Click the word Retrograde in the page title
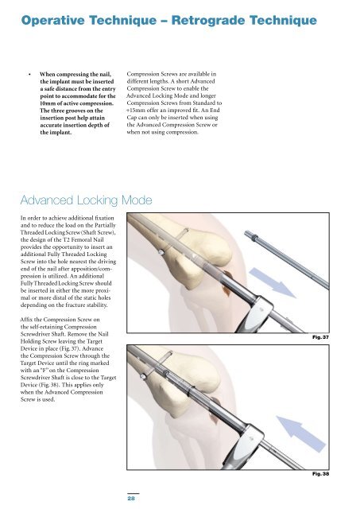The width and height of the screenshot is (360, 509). (x=208, y=21)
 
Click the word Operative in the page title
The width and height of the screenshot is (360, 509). (x=53, y=21)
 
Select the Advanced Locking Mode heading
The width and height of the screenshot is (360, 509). (x=86, y=200)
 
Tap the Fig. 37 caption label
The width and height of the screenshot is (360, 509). (x=320, y=337)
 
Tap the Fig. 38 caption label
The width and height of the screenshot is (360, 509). (x=320, y=474)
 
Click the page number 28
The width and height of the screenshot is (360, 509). (x=131, y=498)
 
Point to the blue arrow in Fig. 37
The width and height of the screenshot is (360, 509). (x=273, y=282)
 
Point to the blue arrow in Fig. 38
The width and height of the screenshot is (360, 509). (x=301, y=434)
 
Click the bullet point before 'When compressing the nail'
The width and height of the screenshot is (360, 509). (x=29, y=75)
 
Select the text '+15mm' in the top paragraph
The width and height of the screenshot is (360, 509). (x=134, y=111)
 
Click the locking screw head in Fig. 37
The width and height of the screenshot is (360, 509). (x=161, y=252)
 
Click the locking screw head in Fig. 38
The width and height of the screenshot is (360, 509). (x=143, y=376)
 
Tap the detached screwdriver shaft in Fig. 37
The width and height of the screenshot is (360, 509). (x=287, y=260)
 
